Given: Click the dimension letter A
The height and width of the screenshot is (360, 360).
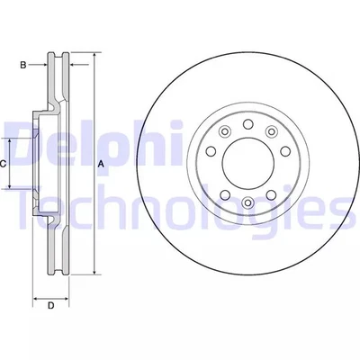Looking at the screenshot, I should pyautogui.click(x=101, y=163).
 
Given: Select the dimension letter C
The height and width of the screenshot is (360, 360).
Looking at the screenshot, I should pyautogui.click(x=4, y=163).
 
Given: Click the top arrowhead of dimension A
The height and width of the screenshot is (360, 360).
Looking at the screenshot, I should pyautogui.click(x=93, y=57).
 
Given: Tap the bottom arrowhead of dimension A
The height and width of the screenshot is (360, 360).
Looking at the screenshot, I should pyautogui.click(x=93, y=271).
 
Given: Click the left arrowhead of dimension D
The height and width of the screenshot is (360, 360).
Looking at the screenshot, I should pyautogui.click(x=36, y=296).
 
